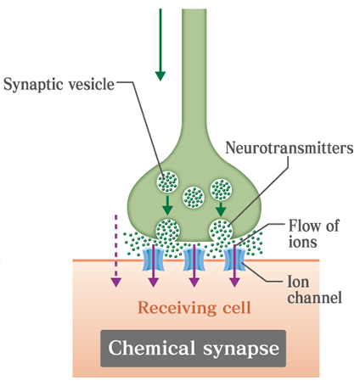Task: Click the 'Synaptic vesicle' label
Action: [59, 84]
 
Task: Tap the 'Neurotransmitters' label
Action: [290, 148]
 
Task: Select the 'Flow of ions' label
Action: [313, 233]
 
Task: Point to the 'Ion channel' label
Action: [315, 289]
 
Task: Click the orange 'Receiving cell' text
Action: [194, 307]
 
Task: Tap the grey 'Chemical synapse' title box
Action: [194, 349]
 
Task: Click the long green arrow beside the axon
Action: [160, 45]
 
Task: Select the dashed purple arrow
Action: [115, 251]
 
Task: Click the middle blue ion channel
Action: [194, 260]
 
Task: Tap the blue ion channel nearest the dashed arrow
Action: [153, 260]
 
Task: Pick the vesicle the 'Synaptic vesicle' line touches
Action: [167, 182]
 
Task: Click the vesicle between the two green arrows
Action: [194, 197]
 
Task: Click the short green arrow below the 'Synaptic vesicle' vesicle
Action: [167, 205]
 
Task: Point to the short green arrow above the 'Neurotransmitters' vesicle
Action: [221, 209]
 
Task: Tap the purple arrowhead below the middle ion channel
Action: [194, 283]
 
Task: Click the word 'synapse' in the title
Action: [241, 350]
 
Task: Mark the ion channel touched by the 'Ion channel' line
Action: [234, 260]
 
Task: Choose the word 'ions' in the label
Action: [302, 242]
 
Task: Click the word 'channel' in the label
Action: [315, 297]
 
